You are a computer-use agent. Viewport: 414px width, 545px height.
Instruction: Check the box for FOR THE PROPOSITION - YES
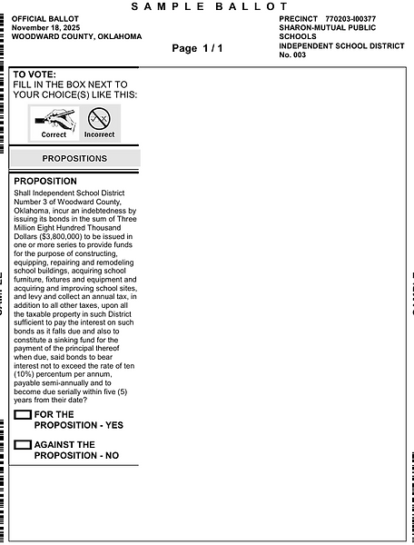(x=23, y=415)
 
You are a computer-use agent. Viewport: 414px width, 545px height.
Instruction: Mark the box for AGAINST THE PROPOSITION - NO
(x=23, y=445)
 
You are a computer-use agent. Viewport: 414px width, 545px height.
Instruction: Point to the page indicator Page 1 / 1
(x=196, y=47)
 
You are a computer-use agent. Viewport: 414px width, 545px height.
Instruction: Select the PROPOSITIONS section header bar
(x=74, y=158)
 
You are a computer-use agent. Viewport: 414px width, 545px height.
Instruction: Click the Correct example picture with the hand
(x=54, y=121)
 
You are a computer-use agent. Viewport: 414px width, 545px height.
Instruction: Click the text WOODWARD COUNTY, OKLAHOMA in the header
(x=77, y=36)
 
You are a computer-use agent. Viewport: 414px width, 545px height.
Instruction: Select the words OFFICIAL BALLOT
(x=44, y=18)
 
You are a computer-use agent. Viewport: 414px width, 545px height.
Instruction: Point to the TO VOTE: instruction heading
(x=34, y=74)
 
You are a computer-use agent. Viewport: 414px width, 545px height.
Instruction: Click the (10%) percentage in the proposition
(x=26, y=374)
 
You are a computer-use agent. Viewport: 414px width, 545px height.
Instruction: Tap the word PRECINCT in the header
(x=299, y=18)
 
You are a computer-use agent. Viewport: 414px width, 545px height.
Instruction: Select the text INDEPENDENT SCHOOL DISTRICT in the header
(x=340, y=45)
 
